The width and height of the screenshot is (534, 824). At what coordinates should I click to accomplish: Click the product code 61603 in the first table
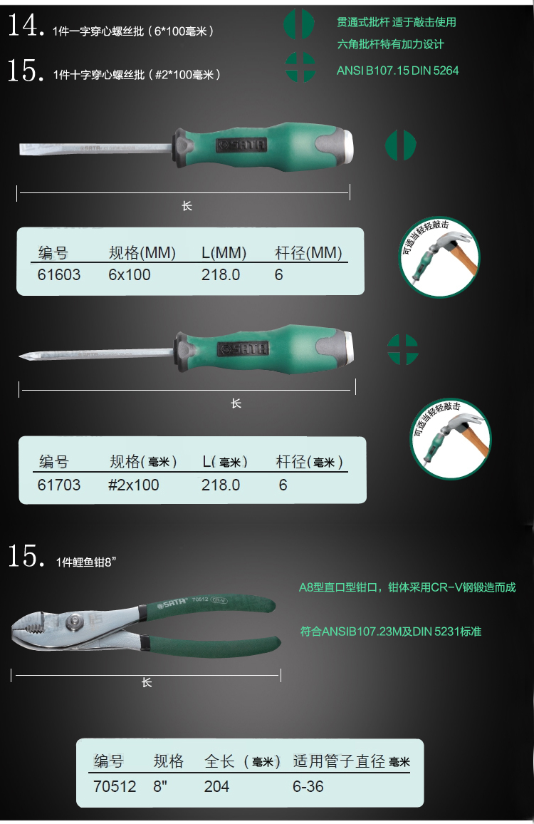pos(59,275)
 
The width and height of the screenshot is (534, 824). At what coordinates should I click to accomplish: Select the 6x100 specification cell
pos(129,275)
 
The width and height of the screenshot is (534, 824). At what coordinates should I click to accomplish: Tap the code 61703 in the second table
pos(59,485)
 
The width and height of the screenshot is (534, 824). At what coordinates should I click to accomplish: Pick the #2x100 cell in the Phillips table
pos(133,485)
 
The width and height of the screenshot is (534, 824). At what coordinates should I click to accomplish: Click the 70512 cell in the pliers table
pos(115,786)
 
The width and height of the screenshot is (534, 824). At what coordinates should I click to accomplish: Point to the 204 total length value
pos(217,786)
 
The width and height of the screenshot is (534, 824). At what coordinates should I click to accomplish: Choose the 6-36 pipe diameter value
pos(308,786)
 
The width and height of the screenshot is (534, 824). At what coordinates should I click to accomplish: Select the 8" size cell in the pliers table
pos(160,786)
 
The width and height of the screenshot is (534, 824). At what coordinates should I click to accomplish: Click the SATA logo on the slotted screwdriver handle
pos(241,145)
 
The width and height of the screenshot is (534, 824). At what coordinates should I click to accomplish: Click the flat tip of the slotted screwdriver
pos(21,149)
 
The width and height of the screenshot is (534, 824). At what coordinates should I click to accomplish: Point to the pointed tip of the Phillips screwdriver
pos(21,357)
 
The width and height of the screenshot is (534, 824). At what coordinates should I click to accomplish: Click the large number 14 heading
pos(24,25)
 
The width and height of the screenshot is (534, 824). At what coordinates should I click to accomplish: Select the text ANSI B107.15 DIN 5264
pos(397,71)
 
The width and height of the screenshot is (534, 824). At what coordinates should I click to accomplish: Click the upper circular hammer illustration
pos(439,257)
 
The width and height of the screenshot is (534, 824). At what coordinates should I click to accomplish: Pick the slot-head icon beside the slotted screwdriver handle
pos(401,145)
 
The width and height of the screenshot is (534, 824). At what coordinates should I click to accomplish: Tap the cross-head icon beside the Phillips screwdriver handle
pos(403,349)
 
